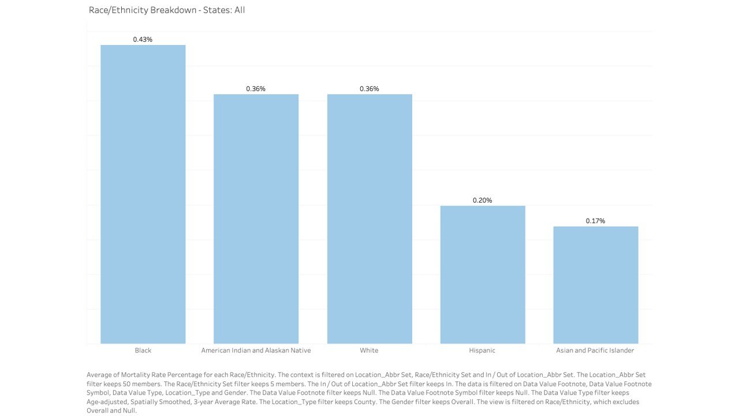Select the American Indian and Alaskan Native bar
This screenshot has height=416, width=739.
pos(256,219)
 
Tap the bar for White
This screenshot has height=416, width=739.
pos(369,219)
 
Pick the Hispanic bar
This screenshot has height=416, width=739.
pos(483,274)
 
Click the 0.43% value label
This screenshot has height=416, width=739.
pos(143,39)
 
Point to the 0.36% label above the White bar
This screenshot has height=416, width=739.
pos(369,88)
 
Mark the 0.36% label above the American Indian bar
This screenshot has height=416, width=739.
pos(256,88)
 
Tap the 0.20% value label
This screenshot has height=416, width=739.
pos(483,200)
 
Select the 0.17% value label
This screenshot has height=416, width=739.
pos(596,221)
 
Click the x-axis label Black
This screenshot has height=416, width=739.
pos(143,350)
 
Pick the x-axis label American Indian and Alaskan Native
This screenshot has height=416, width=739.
pos(256,350)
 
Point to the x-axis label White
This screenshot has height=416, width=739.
pos(369,350)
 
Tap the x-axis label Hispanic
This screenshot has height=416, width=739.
pos(483,350)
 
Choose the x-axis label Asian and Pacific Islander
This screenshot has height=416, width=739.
pos(595,350)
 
